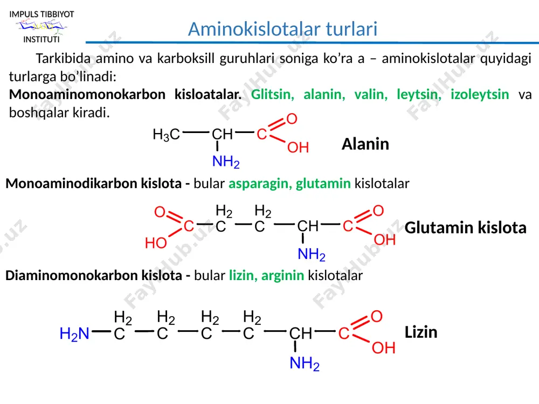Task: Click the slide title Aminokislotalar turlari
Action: tap(282, 29)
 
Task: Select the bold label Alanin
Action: tap(365, 144)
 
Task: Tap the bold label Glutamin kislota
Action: tap(466, 228)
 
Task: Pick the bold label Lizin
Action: tap(421, 332)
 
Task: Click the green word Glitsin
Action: tap(273, 94)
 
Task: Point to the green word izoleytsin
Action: tap(480, 94)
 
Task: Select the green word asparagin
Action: tap(260, 184)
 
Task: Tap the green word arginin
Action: tap(282, 275)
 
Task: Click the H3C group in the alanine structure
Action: tap(167, 135)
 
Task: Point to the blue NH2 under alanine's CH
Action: tap(226, 162)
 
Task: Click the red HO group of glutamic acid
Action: tap(156, 243)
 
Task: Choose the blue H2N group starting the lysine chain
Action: tap(74, 334)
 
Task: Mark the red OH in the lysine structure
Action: tap(384, 348)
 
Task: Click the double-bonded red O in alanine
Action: tap(292, 119)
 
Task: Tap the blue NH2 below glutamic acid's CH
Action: tap(312, 255)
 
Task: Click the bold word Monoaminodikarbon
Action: tap(93, 184)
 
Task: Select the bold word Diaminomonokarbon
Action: tap(93, 275)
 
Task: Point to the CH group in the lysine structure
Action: tap(300, 333)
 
